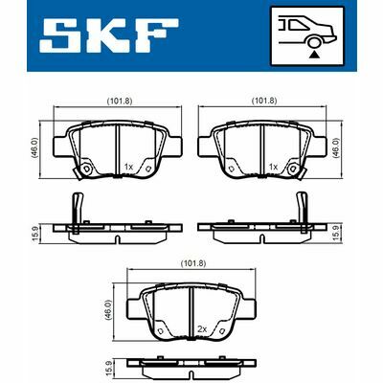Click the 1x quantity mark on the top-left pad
click(x=129, y=167)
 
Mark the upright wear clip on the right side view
click(x=304, y=208)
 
